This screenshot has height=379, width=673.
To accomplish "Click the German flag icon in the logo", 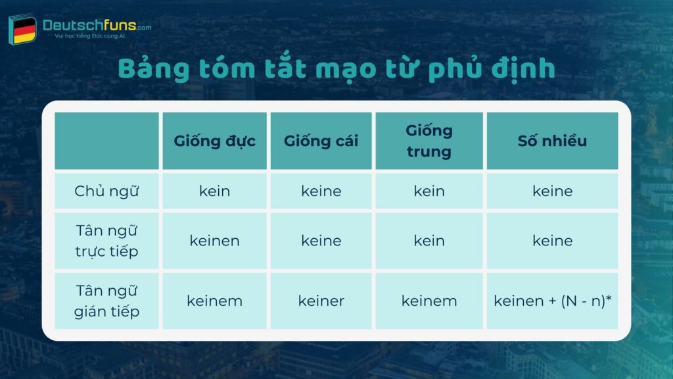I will (24, 30).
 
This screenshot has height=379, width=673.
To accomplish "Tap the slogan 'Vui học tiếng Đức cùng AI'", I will (89, 36).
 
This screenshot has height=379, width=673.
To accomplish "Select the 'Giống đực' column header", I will (214, 141).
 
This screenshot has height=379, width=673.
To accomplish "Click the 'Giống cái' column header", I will (321, 141).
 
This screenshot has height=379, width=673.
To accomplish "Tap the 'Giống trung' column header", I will (429, 141).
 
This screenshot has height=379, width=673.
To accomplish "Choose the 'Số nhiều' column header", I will (552, 141).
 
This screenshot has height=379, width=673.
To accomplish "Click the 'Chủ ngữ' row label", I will (107, 191).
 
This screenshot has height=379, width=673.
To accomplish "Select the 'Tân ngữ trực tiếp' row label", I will (107, 241).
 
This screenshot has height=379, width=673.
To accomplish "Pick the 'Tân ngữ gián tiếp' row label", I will (107, 301).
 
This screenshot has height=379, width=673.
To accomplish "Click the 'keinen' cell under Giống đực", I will (214, 241).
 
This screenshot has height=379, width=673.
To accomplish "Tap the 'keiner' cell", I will (321, 301).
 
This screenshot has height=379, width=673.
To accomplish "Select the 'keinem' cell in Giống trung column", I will (429, 301).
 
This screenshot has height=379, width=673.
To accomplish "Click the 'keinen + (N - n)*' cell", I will (552, 301).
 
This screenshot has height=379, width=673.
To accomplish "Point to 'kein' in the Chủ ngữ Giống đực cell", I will (214, 191).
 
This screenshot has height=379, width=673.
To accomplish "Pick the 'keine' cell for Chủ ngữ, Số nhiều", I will (552, 191).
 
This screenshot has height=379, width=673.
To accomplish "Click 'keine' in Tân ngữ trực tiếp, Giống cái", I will (321, 241).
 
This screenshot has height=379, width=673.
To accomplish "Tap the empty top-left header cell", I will (107, 141).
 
